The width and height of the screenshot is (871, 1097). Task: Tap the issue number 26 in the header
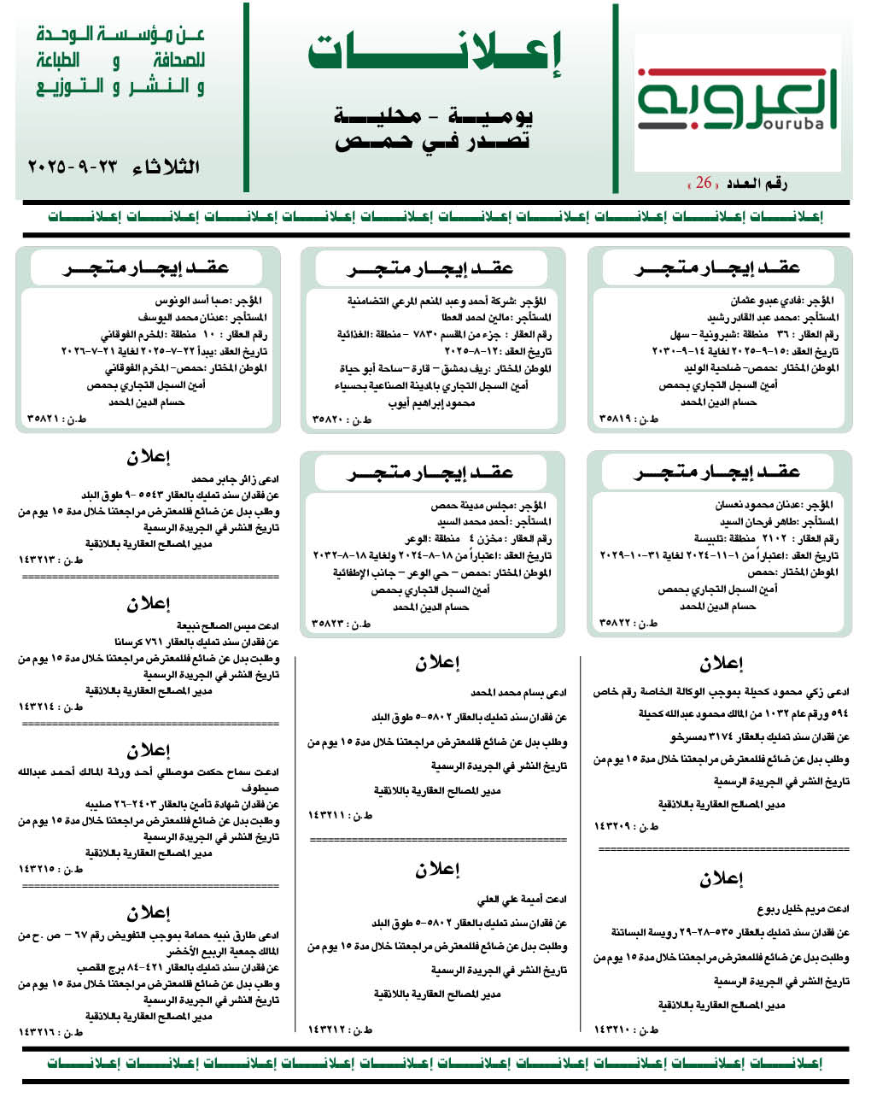click(704, 183)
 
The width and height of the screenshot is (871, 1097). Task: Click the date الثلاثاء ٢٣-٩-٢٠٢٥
click(114, 166)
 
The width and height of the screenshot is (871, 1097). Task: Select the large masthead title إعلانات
click(435, 53)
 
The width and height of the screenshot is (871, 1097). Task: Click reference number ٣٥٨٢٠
click(341, 419)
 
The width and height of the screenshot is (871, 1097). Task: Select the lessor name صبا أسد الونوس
click(194, 301)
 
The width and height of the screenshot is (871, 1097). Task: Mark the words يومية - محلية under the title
click(435, 115)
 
